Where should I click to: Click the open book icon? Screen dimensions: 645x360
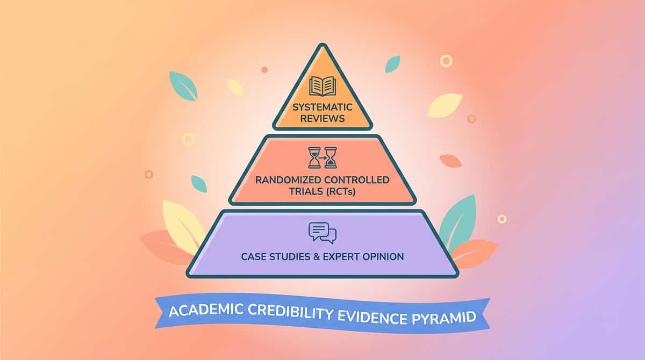point(322,86)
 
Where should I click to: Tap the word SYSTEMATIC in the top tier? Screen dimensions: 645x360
point(322,107)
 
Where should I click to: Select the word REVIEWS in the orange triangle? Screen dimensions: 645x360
point(322,119)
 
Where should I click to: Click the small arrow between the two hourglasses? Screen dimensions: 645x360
point(322,157)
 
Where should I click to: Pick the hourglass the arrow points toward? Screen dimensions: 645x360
point(331,157)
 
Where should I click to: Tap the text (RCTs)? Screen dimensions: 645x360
point(341,192)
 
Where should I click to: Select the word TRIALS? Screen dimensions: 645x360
point(306,192)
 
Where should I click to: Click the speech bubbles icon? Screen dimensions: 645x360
point(322,233)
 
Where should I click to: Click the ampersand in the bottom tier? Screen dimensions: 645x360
point(317,257)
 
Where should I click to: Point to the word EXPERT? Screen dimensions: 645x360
point(341,257)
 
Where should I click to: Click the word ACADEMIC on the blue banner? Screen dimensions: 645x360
point(206,310)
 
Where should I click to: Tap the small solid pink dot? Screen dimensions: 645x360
point(264,70)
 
